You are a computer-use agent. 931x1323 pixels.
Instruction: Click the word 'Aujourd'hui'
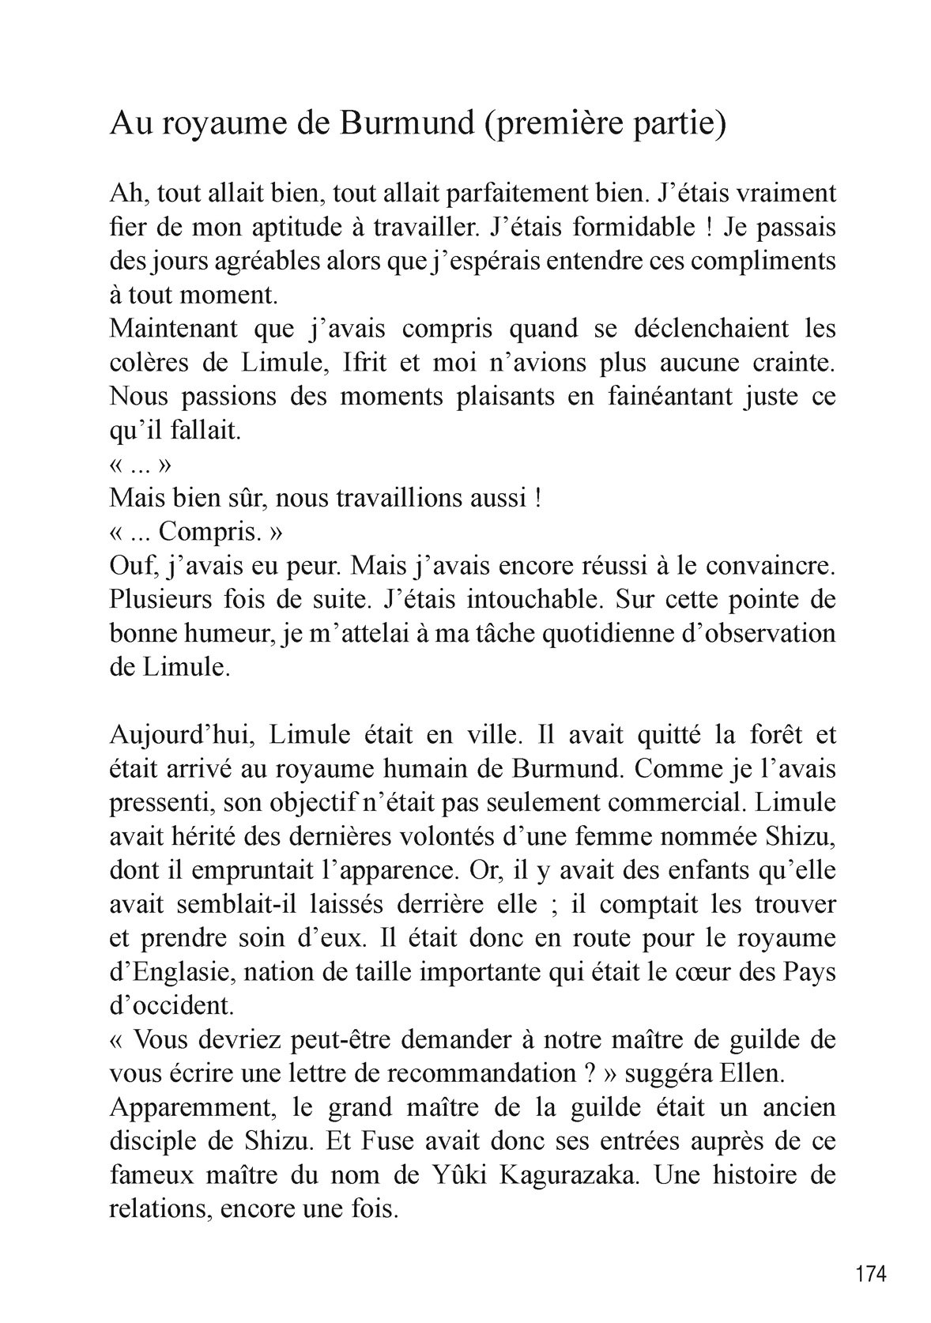(180, 735)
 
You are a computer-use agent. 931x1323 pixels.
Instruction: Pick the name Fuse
(434, 1141)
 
